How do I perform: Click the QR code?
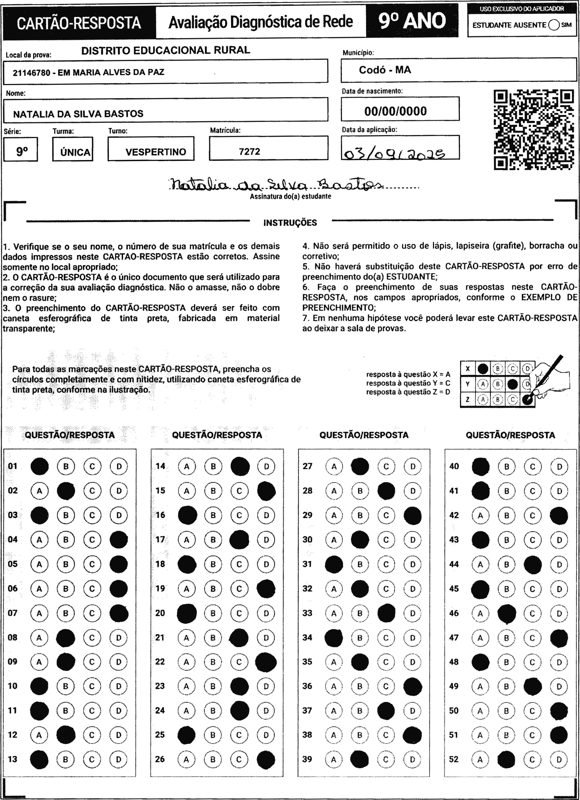tap(533, 130)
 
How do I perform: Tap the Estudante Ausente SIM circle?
tap(554, 25)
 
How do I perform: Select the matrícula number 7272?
tap(249, 152)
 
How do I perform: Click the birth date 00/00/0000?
tap(395, 111)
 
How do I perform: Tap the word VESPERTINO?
tap(156, 152)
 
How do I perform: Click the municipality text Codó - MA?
tap(385, 70)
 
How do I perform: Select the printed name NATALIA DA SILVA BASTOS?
tap(78, 114)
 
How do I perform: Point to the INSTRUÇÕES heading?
tap(290, 223)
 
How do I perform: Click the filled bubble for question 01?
tap(40, 466)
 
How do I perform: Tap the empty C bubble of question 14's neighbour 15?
tap(239, 491)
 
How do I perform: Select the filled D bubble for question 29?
tap(412, 516)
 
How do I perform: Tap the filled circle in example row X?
tap(482, 369)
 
